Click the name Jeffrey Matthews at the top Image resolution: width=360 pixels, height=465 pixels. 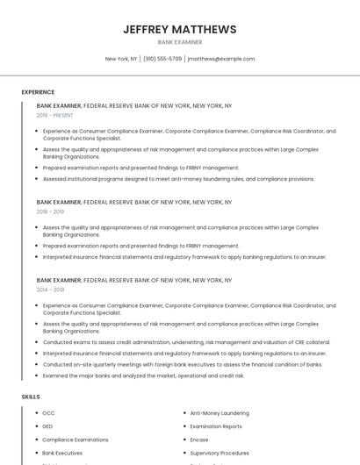click(x=180, y=29)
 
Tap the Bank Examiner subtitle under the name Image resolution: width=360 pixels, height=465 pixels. click(x=180, y=42)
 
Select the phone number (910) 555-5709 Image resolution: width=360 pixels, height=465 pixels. click(x=162, y=59)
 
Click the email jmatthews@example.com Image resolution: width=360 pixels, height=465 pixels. click(x=221, y=59)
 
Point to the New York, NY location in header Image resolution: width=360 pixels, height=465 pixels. click(x=121, y=59)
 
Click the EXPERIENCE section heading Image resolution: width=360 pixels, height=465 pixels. click(x=38, y=92)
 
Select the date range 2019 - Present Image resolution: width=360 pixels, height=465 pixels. click(x=54, y=115)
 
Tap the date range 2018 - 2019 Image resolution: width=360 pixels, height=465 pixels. click(x=50, y=211)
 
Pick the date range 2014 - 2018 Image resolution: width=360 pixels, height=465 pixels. click(x=50, y=290)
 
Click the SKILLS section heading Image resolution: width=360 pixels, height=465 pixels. click(x=31, y=397)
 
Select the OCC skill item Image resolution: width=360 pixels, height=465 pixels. click(x=48, y=413)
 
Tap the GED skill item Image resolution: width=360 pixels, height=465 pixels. click(x=47, y=426)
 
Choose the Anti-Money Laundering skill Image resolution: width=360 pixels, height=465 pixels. click(x=220, y=413)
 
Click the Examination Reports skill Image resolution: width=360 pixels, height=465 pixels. click(x=216, y=426)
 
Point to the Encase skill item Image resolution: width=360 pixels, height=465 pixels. click(x=199, y=440)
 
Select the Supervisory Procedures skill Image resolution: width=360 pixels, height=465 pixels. click(x=220, y=453)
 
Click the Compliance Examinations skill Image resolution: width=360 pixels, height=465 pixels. click(x=76, y=440)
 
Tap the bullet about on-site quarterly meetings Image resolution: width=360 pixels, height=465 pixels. click(x=183, y=364)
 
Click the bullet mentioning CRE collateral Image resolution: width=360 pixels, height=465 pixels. click(x=186, y=342)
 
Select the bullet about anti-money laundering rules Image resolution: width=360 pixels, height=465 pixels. click(x=178, y=179)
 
